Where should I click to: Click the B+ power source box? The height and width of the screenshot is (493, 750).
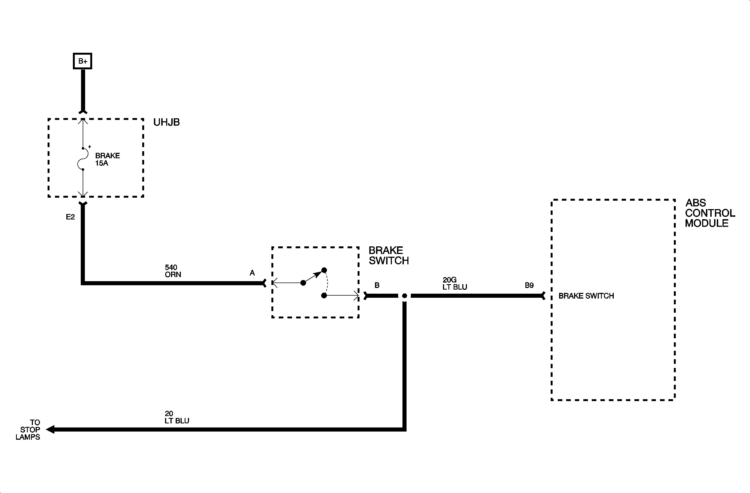point(83,61)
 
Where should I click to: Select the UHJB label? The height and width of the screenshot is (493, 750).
point(166,122)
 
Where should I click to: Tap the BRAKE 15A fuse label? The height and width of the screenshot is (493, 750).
point(107,159)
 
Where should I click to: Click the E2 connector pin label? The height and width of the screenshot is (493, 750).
point(70,217)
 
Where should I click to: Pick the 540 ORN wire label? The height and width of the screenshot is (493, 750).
point(173,271)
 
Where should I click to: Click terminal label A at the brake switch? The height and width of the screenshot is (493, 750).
point(252,273)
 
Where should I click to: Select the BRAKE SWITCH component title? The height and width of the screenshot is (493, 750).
point(389,256)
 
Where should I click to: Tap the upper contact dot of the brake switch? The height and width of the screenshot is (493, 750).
point(324,270)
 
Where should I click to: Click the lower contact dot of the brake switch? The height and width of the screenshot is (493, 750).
point(324,296)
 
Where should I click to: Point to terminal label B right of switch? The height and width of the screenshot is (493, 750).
point(377,286)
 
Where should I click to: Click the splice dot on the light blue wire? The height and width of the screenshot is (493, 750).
point(405,296)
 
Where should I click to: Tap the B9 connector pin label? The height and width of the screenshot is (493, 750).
point(529,286)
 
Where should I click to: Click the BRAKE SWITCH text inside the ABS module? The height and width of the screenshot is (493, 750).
point(586,296)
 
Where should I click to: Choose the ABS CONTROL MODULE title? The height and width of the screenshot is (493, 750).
point(710,213)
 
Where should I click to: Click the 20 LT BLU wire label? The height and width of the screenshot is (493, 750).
point(176,417)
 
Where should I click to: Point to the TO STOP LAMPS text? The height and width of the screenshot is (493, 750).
point(29,430)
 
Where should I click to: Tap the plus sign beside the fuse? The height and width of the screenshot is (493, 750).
point(89,147)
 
